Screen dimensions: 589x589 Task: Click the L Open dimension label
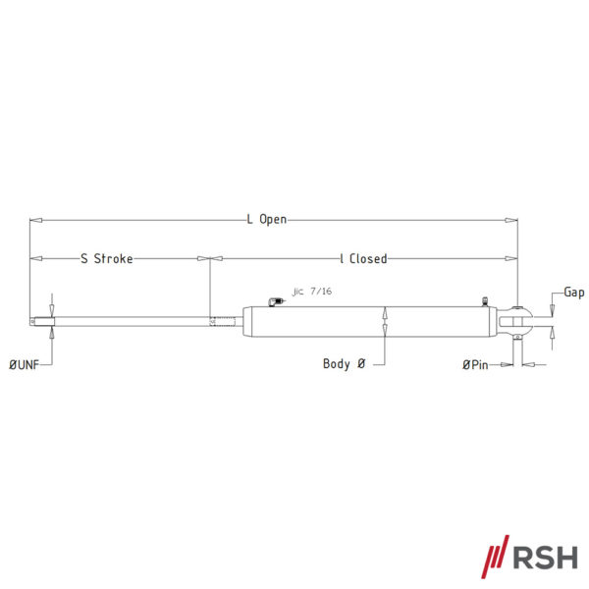coord(267,219)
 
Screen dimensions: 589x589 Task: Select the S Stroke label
coord(107,258)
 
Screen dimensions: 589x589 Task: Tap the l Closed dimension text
coord(363,258)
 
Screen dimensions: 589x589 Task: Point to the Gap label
coord(574,293)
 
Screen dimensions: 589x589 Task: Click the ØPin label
coord(475,364)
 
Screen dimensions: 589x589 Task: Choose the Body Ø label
coord(345,363)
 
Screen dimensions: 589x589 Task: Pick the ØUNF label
coord(24,364)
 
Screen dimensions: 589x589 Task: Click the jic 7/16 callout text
coord(312,292)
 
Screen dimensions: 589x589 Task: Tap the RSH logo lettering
coord(546,558)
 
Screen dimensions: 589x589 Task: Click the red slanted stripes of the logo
coord(496,557)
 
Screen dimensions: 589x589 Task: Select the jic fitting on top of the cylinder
coord(276,301)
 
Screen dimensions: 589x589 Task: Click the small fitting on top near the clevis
coord(485,301)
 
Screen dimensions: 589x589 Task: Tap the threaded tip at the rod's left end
coord(42,322)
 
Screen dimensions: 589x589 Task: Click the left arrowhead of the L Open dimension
coord(36,220)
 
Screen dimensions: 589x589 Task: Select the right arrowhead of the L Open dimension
coord(511,220)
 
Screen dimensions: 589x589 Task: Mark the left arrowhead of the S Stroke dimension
coord(36,258)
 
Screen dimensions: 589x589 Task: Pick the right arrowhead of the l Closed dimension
coord(511,258)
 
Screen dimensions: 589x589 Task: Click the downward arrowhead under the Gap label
coord(552,310)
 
